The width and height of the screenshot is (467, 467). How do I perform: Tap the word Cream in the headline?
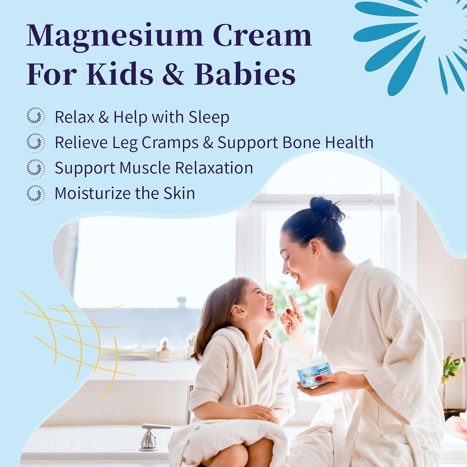[x=262, y=35]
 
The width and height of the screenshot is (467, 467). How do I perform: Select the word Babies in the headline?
[x=245, y=74]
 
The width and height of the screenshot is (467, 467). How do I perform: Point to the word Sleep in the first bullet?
[x=209, y=117]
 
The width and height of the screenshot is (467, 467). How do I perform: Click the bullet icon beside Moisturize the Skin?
[x=35, y=194]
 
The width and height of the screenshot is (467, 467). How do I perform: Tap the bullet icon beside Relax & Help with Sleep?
[x=35, y=117]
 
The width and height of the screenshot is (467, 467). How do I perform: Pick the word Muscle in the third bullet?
[x=145, y=168]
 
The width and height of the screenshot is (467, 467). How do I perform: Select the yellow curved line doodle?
[x=75, y=336]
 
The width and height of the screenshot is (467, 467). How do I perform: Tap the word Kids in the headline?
[x=120, y=74]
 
